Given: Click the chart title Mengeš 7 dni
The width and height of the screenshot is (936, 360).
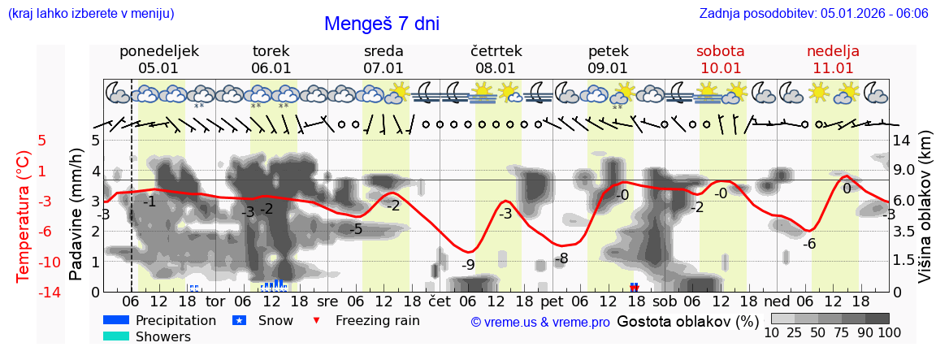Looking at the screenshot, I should point(381,24).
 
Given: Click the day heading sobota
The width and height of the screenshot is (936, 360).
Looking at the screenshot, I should point(720,51).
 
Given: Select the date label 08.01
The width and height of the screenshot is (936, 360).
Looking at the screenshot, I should point(496,68).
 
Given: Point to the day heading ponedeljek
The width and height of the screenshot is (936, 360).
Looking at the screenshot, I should point(158,51).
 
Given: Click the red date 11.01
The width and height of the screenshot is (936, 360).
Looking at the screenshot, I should point(833,68).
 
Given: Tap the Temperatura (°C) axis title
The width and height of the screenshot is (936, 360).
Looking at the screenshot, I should point(23,215).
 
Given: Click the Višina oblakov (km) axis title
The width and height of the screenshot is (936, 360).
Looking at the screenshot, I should point(925,215).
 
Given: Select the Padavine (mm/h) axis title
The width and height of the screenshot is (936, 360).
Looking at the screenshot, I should point(76,215).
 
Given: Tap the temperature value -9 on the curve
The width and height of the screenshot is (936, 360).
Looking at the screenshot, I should point(468,264).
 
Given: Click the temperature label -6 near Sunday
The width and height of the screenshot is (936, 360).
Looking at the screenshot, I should point(808,244).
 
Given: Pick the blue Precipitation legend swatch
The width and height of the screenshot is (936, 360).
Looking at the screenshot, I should point(116,320).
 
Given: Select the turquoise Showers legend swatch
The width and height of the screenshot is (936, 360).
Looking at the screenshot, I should point(116,336).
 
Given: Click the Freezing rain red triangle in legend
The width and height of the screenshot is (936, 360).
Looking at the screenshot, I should point(318,320).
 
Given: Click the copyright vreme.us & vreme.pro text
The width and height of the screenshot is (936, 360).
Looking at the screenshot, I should point(540,323).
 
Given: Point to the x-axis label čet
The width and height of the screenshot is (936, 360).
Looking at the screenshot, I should point(439,301).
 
